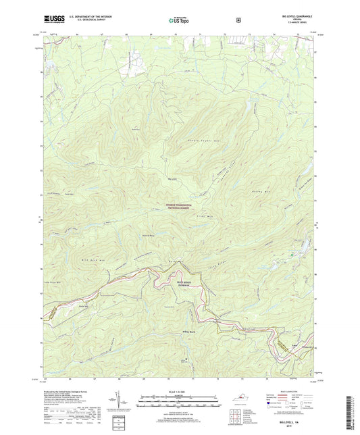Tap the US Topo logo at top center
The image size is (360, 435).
tap(179, 20)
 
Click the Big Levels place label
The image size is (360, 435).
tap(172, 179)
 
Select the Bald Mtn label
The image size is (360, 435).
tap(179, 260)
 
